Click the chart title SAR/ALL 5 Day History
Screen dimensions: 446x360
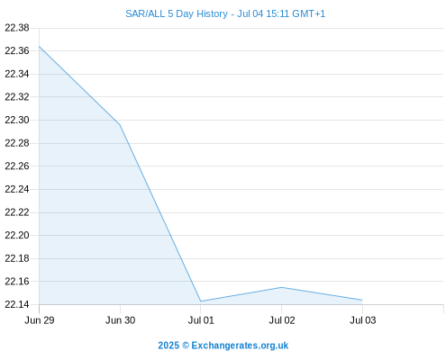point(177,13)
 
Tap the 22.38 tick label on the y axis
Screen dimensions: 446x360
point(17,28)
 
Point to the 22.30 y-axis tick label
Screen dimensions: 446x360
point(17,120)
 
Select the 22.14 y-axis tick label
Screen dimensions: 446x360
point(17,304)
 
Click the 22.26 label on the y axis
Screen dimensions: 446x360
point(17,166)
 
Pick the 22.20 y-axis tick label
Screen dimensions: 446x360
point(17,235)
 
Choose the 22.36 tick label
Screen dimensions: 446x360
point(17,50)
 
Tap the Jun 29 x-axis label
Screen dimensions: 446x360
point(40,320)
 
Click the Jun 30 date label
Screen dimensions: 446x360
point(120,320)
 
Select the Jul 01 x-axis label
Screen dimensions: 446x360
point(201,320)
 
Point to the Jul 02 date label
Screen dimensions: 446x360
point(282,320)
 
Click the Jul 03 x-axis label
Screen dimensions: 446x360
point(362,320)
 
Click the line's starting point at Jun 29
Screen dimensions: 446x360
point(39,46)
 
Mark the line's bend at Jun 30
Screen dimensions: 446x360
point(120,125)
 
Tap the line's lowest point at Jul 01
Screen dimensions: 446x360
point(201,301)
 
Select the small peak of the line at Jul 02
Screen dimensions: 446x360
point(281,287)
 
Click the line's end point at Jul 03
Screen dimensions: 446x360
point(362,300)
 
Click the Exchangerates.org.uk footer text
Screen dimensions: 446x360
point(240,346)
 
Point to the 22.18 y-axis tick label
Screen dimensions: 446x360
point(17,258)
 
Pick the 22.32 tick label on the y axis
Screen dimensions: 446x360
point(17,97)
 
